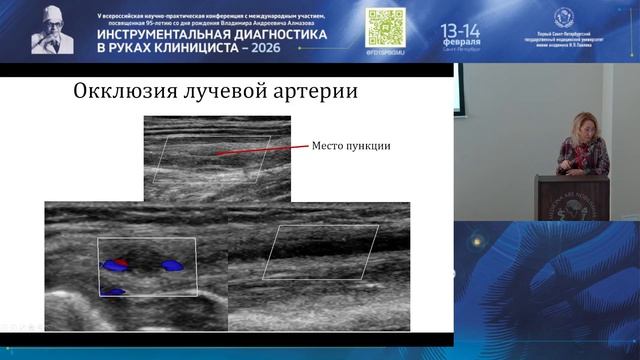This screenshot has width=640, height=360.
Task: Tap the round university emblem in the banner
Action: (x=563, y=17)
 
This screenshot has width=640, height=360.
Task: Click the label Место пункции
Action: (x=351, y=146)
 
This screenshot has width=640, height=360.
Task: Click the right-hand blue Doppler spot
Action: (x=174, y=266)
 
